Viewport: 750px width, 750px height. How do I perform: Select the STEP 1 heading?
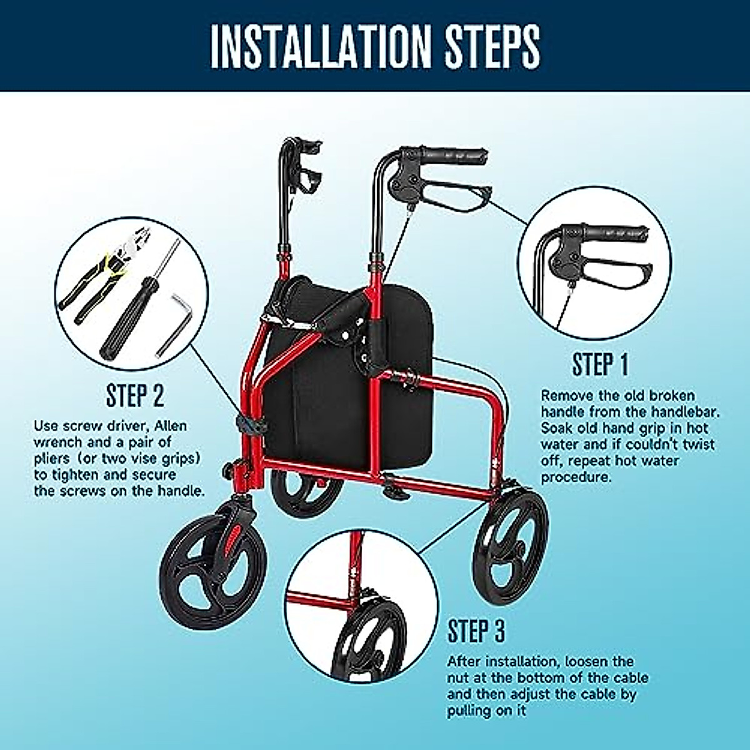(x=600, y=364)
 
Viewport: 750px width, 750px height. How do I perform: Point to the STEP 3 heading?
(x=476, y=631)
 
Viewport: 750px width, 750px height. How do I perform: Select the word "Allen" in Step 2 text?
(x=168, y=426)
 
